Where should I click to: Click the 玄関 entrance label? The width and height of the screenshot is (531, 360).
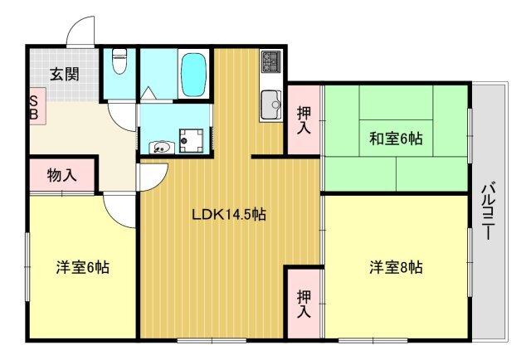[64, 74]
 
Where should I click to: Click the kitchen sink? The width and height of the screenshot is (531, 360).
[271, 105]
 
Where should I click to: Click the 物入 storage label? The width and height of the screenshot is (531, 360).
[61, 175]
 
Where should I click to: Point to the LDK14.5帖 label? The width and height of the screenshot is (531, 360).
[229, 214]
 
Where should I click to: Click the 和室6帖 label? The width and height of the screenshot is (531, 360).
[396, 139]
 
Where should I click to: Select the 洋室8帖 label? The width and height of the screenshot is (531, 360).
[396, 268]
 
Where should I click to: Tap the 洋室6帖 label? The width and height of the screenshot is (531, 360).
[83, 268]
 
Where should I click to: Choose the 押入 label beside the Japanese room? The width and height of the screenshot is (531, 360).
[304, 120]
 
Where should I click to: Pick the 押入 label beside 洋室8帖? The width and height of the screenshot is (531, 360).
[304, 303]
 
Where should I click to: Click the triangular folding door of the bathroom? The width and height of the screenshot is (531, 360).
[149, 94]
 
